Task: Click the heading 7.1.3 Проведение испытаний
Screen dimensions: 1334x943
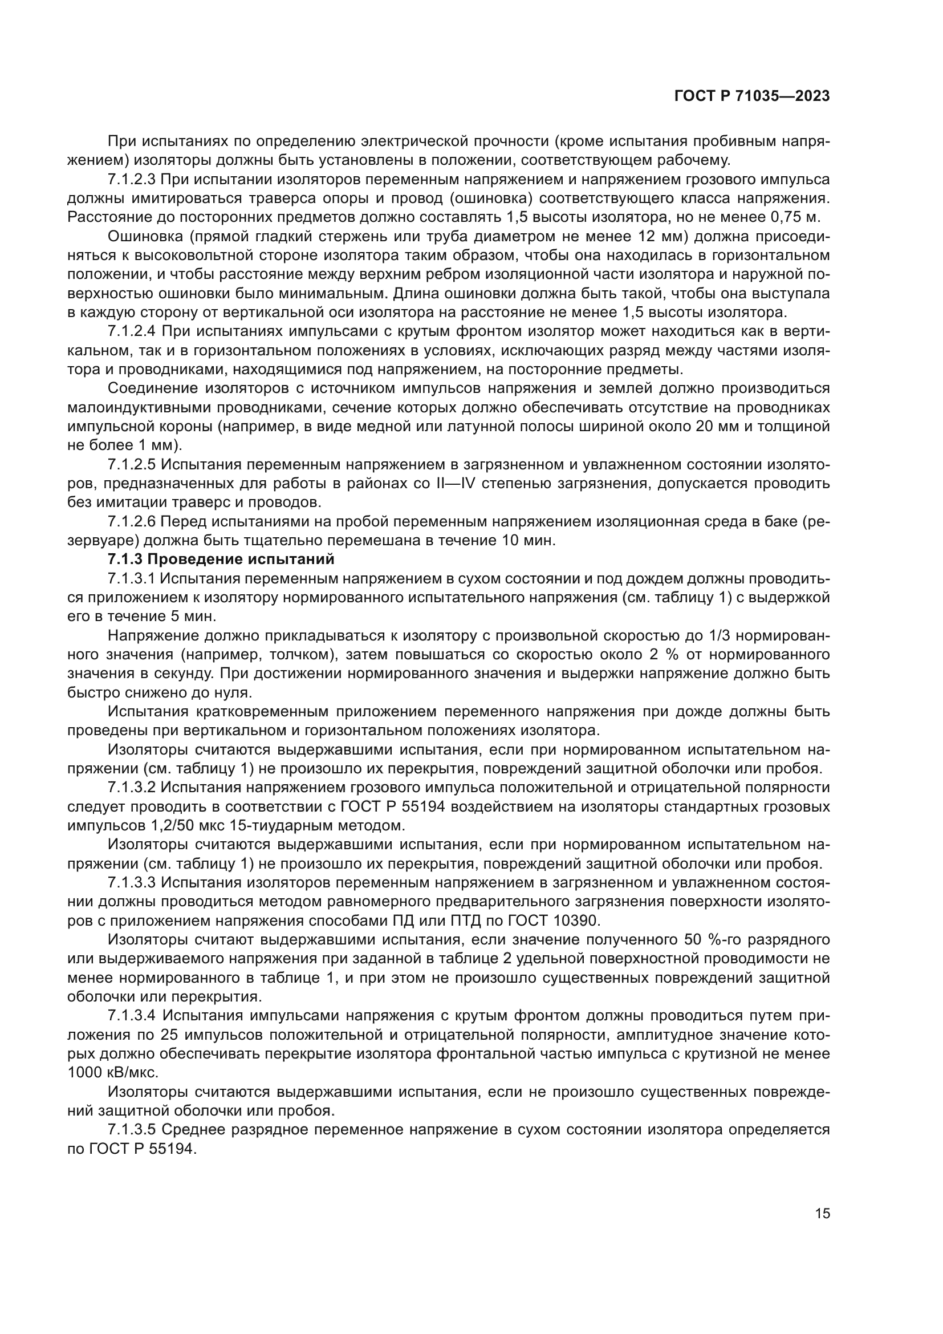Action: [x=221, y=560]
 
